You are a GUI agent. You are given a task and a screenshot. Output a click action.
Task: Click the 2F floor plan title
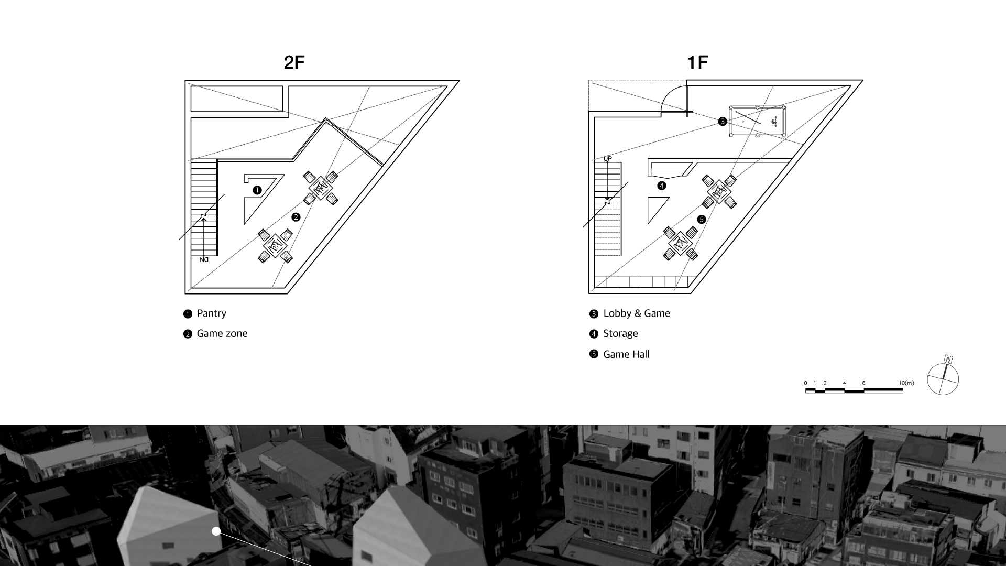[294, 62]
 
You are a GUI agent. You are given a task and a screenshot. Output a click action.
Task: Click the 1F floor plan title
[697, 62]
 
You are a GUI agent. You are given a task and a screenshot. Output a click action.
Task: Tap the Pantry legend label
[211, 313]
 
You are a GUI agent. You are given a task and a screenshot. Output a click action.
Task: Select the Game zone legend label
[222, 334]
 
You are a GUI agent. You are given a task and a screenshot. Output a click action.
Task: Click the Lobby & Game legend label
[636, 313]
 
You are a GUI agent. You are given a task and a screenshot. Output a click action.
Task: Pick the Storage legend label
[620, 334]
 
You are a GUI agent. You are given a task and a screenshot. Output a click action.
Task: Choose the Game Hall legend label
[626, 354]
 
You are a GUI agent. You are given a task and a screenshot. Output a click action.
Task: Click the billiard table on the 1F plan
[757, 122]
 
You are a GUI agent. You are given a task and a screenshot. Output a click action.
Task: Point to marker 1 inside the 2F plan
[257, 190]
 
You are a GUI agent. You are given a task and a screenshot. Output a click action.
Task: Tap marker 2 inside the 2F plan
[296, 217]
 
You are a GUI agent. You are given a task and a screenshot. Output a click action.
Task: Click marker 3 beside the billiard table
[723, 122]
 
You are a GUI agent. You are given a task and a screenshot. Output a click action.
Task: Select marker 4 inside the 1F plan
[662, 186]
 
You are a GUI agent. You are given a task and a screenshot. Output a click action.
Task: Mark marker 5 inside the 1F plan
[702, 219]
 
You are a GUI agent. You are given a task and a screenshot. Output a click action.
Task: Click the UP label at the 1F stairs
[608, 158]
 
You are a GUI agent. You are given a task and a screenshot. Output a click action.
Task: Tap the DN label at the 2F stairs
[204, 259]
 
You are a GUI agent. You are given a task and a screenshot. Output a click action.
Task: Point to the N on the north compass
[948, 360]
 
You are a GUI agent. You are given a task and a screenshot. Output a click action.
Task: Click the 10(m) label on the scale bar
[906, 383]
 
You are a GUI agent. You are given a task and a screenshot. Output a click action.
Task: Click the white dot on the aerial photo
[216, 531]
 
